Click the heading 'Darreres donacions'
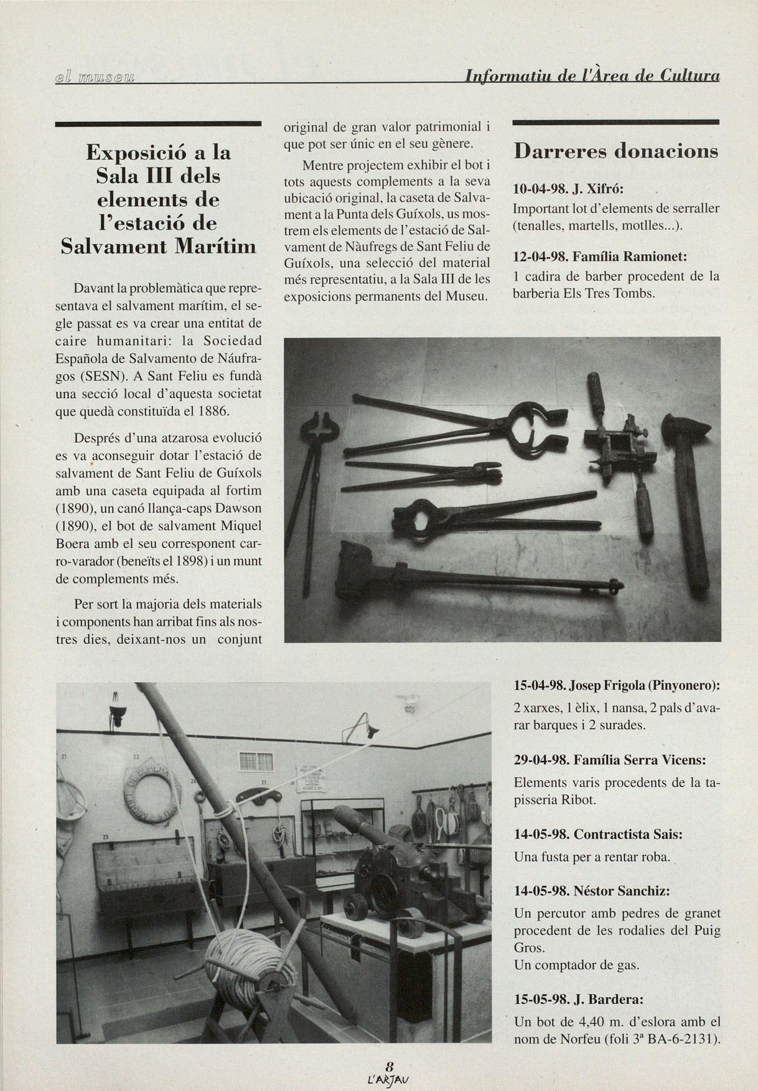point(615,151)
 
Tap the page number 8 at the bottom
point(389,1065)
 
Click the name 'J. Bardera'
point(608,999)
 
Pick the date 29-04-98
point(540,760)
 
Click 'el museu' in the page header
point(95,77)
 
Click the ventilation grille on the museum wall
point(255,760)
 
